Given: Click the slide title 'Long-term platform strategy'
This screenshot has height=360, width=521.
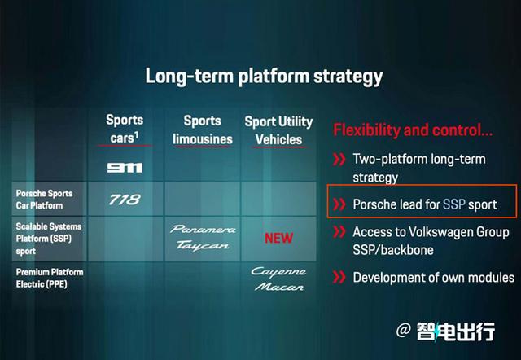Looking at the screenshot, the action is pyautogui.click(x=264, y=77).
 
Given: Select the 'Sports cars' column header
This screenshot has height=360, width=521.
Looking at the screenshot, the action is pyautogui.click(x=125, y=129).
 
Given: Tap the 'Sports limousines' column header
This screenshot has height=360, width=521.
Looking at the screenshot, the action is pyautogui.click(x=203, y=130).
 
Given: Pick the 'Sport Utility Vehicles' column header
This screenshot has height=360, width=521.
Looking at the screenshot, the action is pyautogui.click(x=278, y=130).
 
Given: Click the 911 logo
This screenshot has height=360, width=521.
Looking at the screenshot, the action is pyautogui.click(x=125, y=168).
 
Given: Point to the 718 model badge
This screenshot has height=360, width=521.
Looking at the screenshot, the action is pyautogui.click(x=125, y=200).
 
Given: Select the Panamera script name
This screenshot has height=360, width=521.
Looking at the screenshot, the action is pyautogui.click(x=203, y=229).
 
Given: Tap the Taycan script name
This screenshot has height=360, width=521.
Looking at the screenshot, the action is pyautogui.click(x=203, y=245).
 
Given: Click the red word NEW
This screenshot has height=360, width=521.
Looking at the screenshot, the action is pyautogui.click(x=278, y=239).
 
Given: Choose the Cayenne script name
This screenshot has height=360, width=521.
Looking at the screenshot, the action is pyautogui.click(x=278, y=272).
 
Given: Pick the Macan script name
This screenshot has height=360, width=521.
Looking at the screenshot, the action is pyautogui.click(x=279, y=287).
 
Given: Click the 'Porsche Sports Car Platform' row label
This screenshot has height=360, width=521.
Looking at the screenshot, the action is pyautogui.click(x=44, y=200).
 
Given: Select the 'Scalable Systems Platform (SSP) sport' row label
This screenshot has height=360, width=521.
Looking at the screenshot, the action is pyautogui.click(x=49, y=239).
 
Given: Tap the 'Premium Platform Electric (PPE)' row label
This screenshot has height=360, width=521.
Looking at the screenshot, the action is pyautogui.click(x=50, y=279).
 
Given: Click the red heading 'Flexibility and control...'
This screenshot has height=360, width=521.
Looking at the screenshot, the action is pyautogui.click(x=413, y=130).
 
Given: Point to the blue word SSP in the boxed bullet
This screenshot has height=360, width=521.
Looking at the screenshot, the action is pyautogui.click(x=454, y=204).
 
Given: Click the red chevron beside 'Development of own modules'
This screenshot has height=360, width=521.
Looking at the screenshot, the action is pyautogui.click(x=339, y=277).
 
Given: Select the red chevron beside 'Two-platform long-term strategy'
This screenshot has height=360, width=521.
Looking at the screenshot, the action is pyautogui.click(x=339, y=159).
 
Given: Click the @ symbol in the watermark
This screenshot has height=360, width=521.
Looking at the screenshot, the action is pyautogui.click(x=404, y=331).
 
